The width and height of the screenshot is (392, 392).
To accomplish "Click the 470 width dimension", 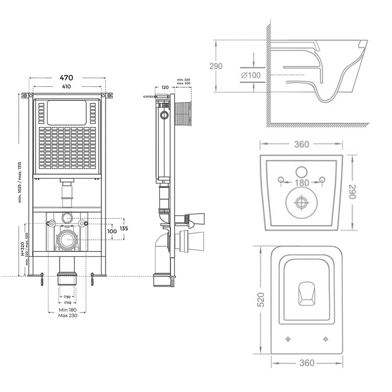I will pos(66,77).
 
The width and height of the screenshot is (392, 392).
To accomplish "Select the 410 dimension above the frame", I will pos(66,87).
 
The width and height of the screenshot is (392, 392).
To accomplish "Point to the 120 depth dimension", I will pos(165,87).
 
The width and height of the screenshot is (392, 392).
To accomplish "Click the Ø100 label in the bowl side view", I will pos(251,75).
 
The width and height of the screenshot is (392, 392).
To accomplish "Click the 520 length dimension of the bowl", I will pos(261,299).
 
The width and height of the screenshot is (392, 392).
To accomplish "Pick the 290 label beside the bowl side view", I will pos(216,66).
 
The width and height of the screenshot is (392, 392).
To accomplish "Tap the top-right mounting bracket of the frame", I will pos(108,96).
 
